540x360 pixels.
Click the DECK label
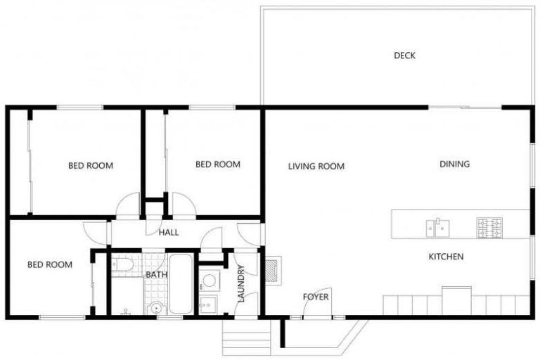(404, 56)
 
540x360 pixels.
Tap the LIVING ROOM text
(316, 167)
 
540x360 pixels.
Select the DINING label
(454, 165)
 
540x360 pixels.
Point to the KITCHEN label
(446, 257)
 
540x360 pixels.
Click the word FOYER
(316, 297)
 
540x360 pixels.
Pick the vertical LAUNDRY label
(241, 283)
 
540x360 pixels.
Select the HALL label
(168, 233)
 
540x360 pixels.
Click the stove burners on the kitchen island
(490, 227)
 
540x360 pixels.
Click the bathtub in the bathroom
(181, 285)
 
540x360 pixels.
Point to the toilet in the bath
(122, 265)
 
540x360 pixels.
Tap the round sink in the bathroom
(155, 307)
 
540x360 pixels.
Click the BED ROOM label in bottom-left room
(49, 265)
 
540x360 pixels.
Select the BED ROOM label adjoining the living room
(217, 165)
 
